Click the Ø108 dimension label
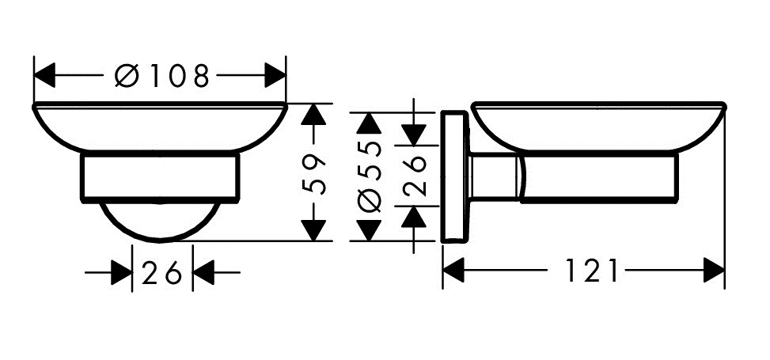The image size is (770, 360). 163,76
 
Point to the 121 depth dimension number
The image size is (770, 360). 591,272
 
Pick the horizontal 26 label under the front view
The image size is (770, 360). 162,274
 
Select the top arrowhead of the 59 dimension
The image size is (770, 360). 315,116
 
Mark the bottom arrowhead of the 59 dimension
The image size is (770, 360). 315,229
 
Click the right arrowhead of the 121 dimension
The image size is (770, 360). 714,272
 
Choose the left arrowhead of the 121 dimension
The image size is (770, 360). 453,272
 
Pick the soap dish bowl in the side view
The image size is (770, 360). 598,127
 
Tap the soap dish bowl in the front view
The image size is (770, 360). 159,127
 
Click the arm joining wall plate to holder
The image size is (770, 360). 495,177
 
